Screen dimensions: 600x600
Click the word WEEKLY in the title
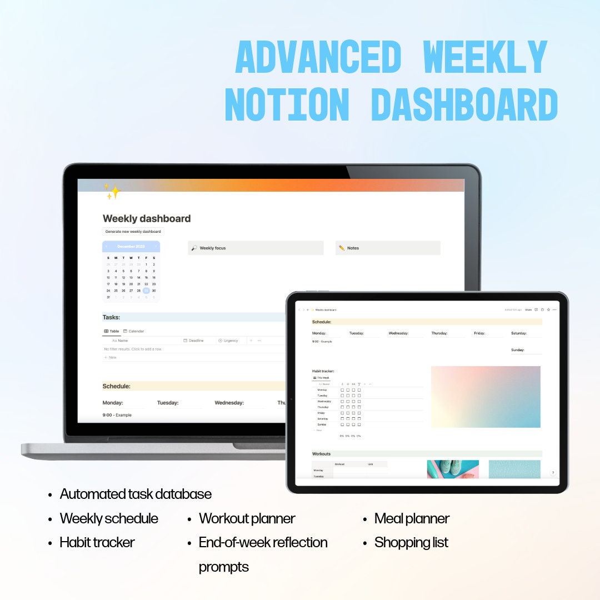point(485,57)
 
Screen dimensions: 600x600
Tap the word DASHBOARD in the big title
point(464,104)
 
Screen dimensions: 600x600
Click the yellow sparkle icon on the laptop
point(113,192)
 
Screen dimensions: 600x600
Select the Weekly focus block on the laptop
point(256,248)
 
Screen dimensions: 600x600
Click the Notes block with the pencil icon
point(388,248)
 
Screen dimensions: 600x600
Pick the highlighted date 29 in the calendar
point(146,291)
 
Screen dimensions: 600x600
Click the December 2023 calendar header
point(131,246)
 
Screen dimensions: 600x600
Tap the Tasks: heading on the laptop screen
point(112,317)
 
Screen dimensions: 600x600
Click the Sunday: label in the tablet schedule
point(518,350)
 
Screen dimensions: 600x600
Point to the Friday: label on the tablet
point(479,333)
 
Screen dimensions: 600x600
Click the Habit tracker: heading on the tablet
point(323,371)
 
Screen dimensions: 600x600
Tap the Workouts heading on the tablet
point(322,454)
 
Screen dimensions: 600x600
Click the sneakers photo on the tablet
point(453,469)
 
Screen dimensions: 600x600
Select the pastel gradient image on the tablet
point(486,397)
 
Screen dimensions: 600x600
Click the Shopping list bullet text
point(411,543)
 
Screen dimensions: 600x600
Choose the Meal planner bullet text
point(412,519)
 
